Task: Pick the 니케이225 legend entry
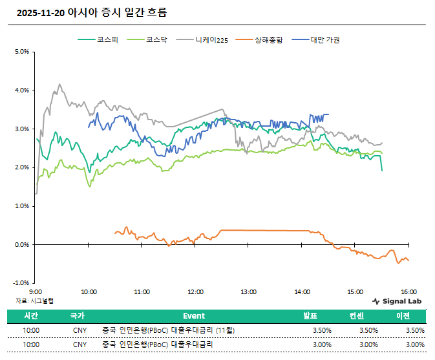[212, 40]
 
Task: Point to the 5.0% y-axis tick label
[21, 52]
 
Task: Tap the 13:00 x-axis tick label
[248, 291]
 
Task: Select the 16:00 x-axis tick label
[408, 291]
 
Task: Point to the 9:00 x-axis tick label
[36, 291]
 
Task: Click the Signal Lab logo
[398, 301]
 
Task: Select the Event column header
[194, 316]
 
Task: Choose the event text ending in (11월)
[169, 330]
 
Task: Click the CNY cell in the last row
[80, 344]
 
